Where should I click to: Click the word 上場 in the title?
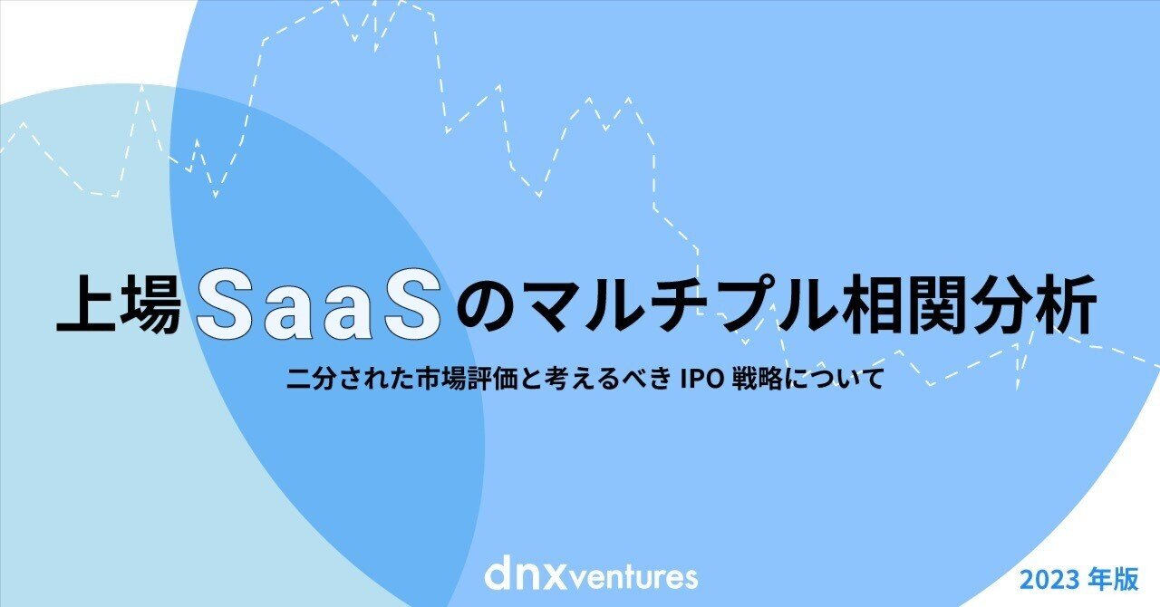[x=122, y=309]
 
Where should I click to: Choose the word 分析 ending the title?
[x=1043, y=309]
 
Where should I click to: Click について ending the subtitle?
[x=835, y=378]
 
